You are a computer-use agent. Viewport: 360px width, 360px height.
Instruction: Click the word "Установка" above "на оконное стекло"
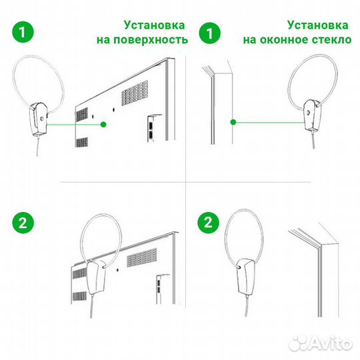(317, 25)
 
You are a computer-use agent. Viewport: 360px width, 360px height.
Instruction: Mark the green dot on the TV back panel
(103, 124)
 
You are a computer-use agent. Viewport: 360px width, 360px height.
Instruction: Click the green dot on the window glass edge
(233, 122)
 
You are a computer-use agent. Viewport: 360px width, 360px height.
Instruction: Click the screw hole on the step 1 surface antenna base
(41, 117)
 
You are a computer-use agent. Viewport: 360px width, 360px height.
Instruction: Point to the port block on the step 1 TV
(151, 127)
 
